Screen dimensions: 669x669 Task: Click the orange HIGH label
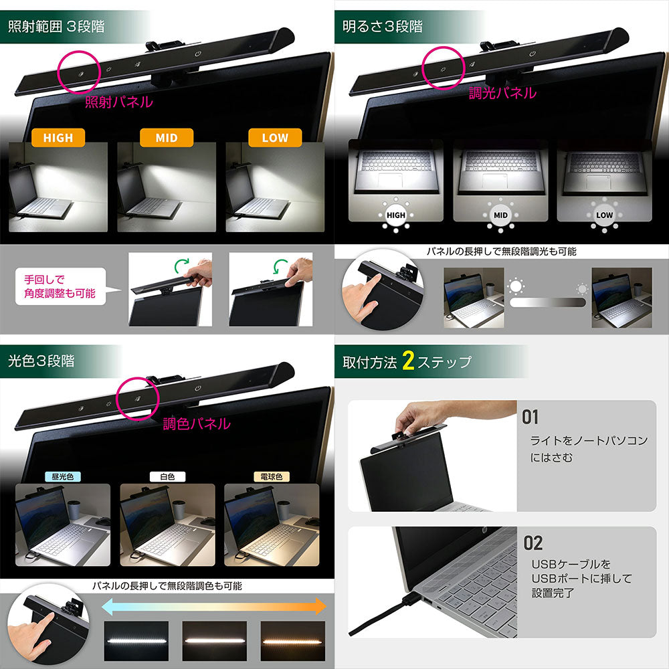(x=58, y=138)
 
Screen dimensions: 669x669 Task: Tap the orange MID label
(x=167, y=138)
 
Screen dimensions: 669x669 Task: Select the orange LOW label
(x=275, y=138)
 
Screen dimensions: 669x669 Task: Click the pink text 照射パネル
(x=119, y=102)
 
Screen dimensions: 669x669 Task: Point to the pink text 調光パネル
(x=502, y=93)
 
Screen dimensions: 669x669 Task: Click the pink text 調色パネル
(x=197, y=423)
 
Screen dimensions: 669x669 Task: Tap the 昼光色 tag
(x=63, y=476)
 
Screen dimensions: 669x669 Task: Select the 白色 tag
(x=168, y=476)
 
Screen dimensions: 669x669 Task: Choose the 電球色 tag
(x=272, y=476)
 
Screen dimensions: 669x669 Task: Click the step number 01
(x=530, y=417)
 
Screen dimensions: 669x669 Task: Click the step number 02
(x=533, y=543)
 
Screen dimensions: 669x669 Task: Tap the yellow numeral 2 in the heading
(x=408, y=361)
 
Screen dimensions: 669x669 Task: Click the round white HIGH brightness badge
(x=396, y=215)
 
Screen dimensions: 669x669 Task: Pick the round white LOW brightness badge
(x=605, y=215)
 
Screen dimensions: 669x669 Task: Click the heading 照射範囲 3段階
(x=56, y=27)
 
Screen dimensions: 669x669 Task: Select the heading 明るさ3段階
(x=382, y=27)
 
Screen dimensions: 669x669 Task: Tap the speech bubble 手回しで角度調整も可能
(x=61, y=286)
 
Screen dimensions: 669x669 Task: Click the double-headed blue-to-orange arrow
(x=214, y=606)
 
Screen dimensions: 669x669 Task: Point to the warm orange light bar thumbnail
(x=293, y=641)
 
